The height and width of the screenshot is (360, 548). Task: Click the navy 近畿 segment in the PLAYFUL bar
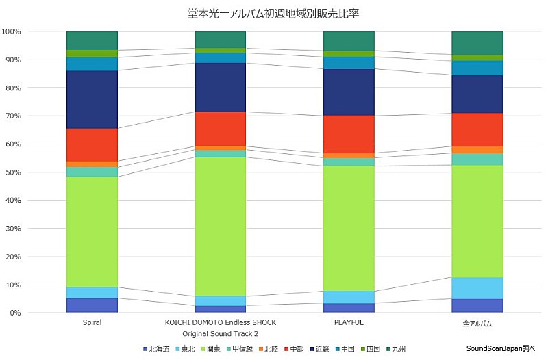[349, 92]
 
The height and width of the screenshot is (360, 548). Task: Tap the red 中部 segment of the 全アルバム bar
[477, 129]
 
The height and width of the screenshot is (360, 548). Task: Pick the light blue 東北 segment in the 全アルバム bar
[477, 288]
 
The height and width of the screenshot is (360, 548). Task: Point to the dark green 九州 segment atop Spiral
[92, 40]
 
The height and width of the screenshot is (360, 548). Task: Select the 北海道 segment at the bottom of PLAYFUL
[349, 307]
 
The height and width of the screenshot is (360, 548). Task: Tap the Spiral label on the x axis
[92, 322]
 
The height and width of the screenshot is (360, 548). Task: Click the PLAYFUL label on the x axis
[349, 322]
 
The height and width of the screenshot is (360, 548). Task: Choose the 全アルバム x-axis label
[477, 323]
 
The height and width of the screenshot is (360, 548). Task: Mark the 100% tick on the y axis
[12, 31]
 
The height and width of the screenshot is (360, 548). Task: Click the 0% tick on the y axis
[14, 313]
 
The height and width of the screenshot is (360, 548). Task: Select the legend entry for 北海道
[158, 349]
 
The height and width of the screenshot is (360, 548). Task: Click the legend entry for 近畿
[321, 349]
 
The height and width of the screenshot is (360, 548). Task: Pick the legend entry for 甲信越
[238, 349]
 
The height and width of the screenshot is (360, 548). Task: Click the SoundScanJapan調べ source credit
[503, 348]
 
